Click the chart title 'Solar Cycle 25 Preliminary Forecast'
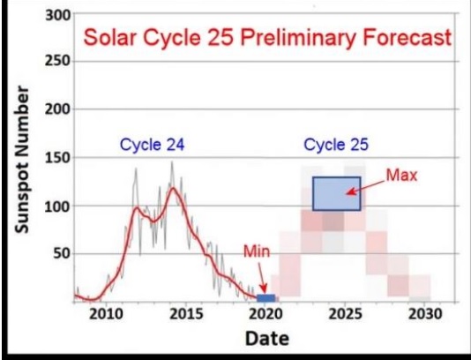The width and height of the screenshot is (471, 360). tap(267, 38)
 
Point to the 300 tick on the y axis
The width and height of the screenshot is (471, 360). tap(58, 15)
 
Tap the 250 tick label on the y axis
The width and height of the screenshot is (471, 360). tap(58, 61)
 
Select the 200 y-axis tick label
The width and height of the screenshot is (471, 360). tap(58, 109)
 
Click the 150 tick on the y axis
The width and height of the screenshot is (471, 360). tap(58, 158)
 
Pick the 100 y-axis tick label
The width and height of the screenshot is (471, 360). tap(58, 206)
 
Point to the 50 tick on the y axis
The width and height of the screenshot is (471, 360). tap(62, 254)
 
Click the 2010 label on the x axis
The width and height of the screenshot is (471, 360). tap(107, 314)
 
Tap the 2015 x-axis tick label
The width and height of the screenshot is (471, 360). tap(186, 314)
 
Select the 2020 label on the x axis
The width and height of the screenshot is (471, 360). tap(265, 314)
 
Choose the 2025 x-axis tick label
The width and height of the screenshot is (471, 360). tap(346, 314)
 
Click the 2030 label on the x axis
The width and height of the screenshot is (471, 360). tap(425, 314)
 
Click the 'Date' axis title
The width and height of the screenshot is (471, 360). tap(267, 339)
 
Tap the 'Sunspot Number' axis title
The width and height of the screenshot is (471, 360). tap(22, 160)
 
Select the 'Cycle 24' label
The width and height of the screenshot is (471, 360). tap(152, 145)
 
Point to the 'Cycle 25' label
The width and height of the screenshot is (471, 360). tap(336, 145)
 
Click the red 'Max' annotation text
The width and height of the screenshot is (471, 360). tap(401, 176)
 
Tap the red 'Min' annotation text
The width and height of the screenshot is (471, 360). tap(257, 251)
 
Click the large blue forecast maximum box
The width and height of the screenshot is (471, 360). tap(337, 193)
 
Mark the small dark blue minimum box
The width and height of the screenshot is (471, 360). tap(266, 298)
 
